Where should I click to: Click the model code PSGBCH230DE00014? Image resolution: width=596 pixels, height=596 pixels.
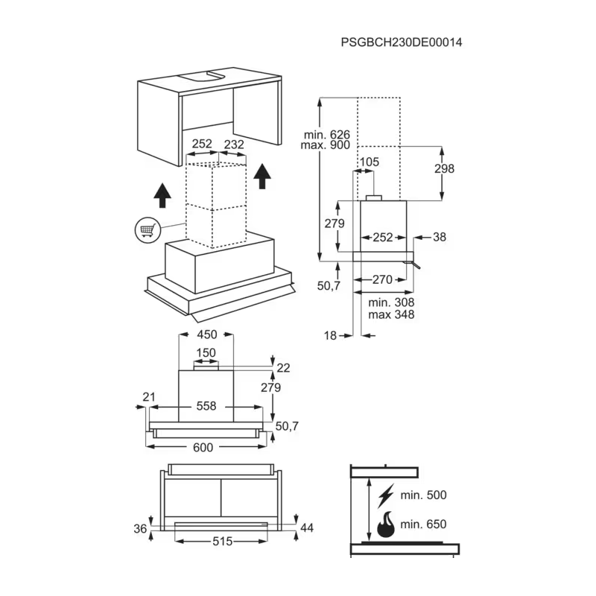[x=402, y=42]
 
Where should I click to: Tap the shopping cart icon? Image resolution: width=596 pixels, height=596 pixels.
[x=148, y=230]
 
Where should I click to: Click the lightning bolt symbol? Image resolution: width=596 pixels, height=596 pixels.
[x=385, y=496]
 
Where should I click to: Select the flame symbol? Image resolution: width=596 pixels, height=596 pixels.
[x=386, y=524]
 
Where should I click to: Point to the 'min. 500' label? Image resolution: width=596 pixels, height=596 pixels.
[x=423, y=495]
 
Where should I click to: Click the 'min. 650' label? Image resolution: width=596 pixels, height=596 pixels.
[x=423, y=524]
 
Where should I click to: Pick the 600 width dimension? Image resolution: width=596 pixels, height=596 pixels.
[x=203, y=448]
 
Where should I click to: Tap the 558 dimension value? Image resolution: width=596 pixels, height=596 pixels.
[x=206, y=406]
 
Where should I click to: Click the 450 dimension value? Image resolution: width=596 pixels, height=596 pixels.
[x=207, y=335]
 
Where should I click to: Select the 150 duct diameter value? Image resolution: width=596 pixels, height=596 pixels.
[x=206, y=352]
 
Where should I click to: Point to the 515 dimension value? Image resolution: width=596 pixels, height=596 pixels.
[x=222, y=541]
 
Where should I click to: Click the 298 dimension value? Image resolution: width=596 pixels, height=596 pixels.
[x=444, y=168]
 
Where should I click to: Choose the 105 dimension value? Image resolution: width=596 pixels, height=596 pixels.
[x=369, y=162]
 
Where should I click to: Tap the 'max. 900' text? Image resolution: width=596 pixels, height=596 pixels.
[x=326, y=145]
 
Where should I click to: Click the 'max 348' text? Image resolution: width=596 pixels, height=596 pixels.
[x=391, y=314]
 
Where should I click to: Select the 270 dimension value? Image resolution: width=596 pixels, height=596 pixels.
[x=382, y=279]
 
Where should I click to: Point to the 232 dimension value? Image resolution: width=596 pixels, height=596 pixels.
[x=234, y=145]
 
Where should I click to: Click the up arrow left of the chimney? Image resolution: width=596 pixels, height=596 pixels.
[x=162, y=195]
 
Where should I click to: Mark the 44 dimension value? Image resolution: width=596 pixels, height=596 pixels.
[x=307, y=527]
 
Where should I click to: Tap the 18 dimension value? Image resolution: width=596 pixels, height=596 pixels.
[x=330, y=336]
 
